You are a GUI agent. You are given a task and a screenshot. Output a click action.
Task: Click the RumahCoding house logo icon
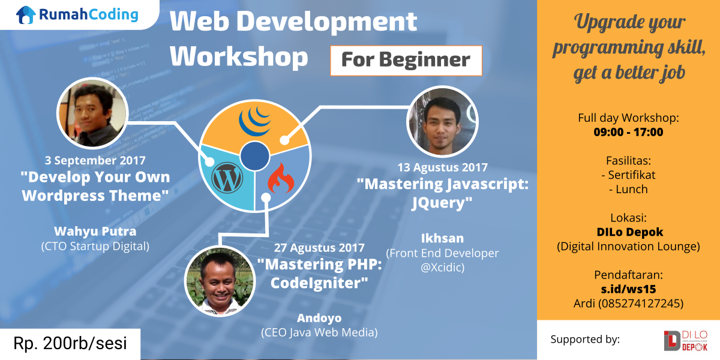coord(26,15)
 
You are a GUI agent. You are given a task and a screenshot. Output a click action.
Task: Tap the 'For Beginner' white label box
coord(406,61)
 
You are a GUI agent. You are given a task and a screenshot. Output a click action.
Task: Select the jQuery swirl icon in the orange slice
coord(254,121)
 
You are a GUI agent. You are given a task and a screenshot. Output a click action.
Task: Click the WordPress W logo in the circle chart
coord(227,178)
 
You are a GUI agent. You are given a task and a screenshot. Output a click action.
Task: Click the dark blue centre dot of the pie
coord(254,156)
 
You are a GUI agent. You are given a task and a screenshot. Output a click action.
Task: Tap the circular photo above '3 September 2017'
coord(92,113)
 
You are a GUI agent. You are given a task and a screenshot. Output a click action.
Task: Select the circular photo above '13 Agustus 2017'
coord(442,121)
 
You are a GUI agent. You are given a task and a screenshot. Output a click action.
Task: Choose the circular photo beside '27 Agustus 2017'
coord(220,281)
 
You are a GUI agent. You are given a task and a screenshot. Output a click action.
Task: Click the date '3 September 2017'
coord(95,160)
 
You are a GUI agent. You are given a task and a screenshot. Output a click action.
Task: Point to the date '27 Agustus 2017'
coord(319,247)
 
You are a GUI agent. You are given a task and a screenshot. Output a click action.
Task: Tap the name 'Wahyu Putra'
coord(95,231)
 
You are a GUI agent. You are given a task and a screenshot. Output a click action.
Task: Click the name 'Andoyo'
coord(319,318)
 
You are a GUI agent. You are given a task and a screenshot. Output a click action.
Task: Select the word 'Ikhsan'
coord(442,238)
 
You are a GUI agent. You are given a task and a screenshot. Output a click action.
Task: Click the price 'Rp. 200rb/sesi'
coord(70,343)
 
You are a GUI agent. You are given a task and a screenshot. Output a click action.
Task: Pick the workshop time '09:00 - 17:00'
coord(628,132)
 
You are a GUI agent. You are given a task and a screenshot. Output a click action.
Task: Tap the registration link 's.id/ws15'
coord(628,289)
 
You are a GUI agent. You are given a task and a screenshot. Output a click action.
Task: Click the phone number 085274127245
coord(640,304)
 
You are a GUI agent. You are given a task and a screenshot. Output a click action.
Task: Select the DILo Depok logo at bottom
coord(685,340)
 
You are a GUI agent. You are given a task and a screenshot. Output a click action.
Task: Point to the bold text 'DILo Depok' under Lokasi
coord(629,232)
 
